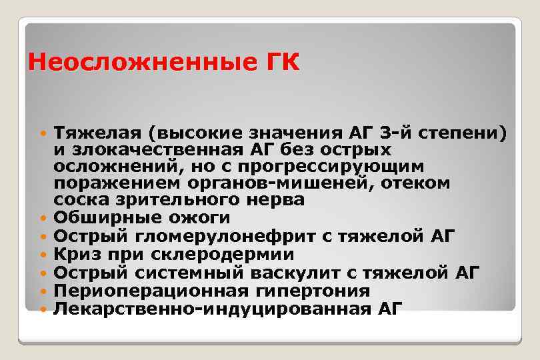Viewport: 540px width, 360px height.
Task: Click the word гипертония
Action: (312, 290)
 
